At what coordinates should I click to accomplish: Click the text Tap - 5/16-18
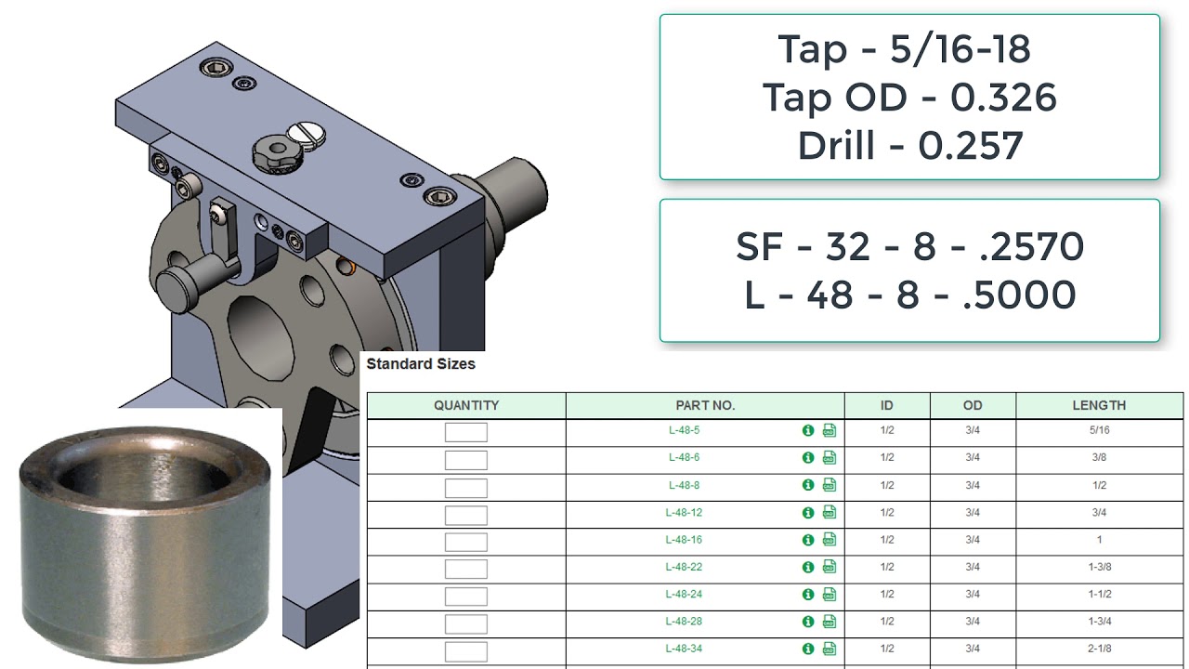point(904,49)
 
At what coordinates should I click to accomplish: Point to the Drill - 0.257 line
point(909,146)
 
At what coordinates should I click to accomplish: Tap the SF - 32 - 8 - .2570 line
point(909,246)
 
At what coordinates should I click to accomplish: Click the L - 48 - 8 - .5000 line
point(909,295)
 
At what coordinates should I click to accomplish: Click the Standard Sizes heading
point(421,364)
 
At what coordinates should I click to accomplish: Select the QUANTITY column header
point(466,406)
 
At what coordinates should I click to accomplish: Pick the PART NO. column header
point(705,406)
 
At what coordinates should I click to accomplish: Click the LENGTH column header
point(1099,406)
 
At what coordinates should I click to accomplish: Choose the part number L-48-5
point(684,431)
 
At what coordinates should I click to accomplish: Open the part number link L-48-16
point(684,540)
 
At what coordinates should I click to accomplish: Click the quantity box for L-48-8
point(465,486)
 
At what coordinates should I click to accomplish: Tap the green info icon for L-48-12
point(808,512)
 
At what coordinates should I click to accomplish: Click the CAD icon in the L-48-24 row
point(830,595)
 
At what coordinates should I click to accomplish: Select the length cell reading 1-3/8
point(1099,567)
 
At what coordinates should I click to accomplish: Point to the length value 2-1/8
point(1099,649)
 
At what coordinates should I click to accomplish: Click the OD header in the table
point(973,406)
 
